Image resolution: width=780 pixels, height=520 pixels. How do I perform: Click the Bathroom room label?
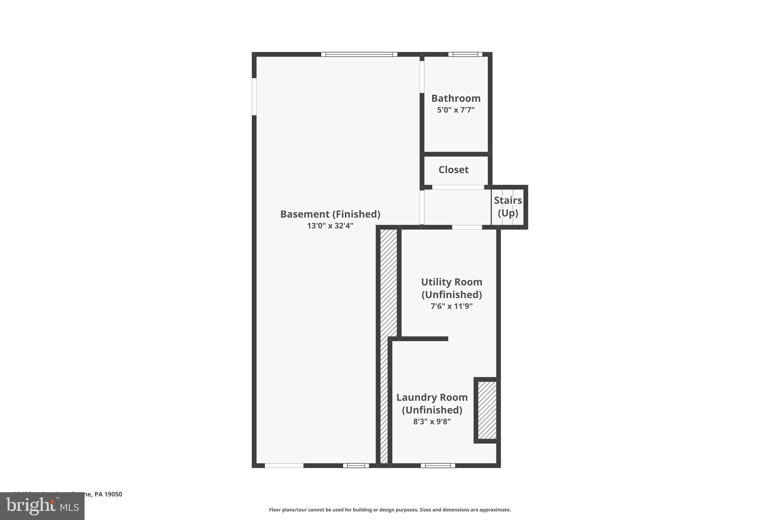(x=456, y=98)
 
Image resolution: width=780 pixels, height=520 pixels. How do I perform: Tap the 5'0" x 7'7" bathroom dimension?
(x=456, y=110)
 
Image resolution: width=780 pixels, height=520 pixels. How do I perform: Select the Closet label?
(x=453, y=170)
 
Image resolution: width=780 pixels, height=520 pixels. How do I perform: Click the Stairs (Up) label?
(x=508, y=206)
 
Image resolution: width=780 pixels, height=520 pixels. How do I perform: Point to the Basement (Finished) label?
(x=330, y=214)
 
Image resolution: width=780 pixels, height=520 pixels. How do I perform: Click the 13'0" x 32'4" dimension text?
(x=330, y=226)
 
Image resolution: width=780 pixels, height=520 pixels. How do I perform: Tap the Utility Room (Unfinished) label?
(x=451, y=288)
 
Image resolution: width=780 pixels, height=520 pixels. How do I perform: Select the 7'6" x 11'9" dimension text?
(x=451, y=306)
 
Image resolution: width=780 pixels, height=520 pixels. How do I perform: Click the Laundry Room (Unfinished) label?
(x=432, y=403)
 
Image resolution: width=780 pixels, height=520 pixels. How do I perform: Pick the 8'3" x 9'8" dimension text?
(x=432, y=422)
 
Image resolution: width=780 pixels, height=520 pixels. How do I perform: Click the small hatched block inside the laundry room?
(x=487, y=410)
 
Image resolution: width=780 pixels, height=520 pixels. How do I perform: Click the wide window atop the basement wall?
(x=359, y=54)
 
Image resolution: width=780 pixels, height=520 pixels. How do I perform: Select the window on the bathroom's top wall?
(x=465, y=54)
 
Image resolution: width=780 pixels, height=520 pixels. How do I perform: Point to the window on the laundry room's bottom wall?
(x=438, y=466)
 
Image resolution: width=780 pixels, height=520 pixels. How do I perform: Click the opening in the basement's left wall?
(x=254, y=96)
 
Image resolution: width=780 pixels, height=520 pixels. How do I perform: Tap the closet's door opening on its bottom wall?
(x=458, y=187)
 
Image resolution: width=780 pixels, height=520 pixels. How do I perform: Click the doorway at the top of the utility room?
(x=467, y=227)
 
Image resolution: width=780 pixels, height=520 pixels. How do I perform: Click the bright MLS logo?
(x=42, y=506)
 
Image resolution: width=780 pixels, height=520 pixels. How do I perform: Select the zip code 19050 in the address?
(x=113, y=494)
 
